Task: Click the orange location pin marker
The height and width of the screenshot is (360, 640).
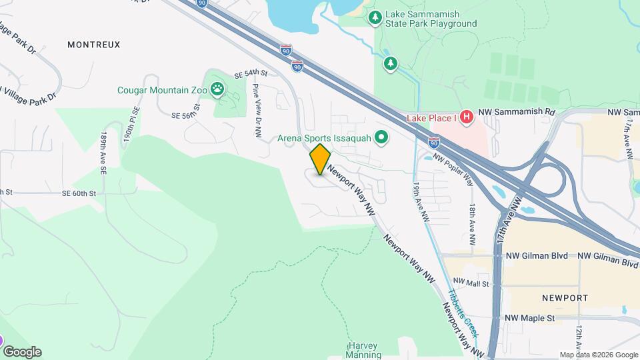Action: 320,159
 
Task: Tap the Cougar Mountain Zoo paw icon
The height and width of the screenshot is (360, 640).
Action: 217,89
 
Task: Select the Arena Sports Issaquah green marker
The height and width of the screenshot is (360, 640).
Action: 381,139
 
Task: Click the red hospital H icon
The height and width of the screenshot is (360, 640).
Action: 467,117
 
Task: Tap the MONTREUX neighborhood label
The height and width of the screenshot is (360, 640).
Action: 94,45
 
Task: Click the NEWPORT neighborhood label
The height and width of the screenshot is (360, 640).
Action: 565,297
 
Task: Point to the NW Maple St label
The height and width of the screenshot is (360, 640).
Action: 530,318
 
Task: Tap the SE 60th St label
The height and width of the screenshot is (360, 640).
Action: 79,193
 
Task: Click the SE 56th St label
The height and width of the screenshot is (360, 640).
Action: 186,111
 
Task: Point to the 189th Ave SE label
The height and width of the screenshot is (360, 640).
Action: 104,153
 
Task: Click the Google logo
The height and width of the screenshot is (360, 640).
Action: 22,352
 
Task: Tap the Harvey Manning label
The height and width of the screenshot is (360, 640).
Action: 363,349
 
